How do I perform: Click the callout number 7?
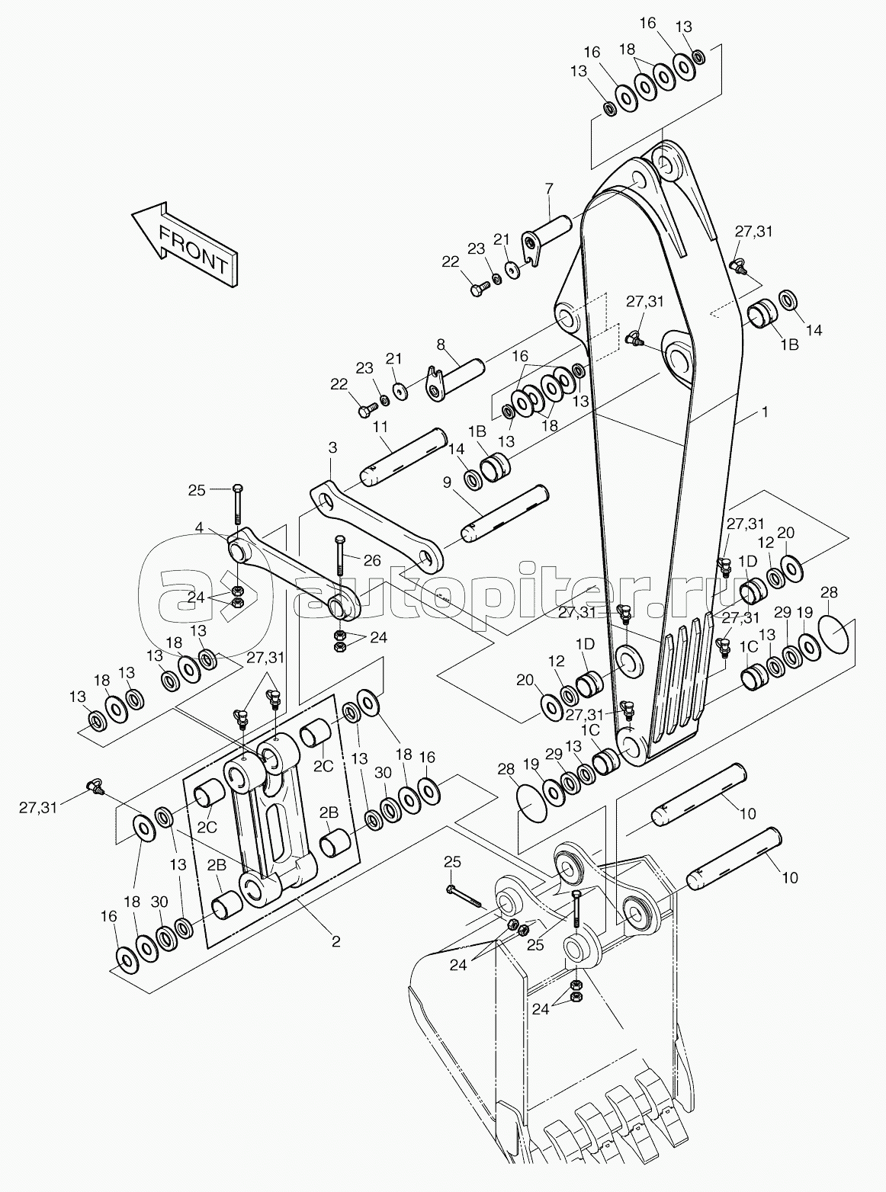[548, 189]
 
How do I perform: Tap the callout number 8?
[441, 344]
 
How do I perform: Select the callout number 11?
[380, 428]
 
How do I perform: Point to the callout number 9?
[448, 482]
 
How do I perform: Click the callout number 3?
[332, 447]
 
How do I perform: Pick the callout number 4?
[200, 527]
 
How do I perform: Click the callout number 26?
[372, 560]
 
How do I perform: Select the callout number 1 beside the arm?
[765, 412]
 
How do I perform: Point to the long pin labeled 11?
[403, 457]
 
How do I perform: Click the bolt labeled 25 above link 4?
[238, 505]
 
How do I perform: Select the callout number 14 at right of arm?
[814, 330]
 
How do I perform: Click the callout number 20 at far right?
[785, 533]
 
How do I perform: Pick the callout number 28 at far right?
[829, 593]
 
